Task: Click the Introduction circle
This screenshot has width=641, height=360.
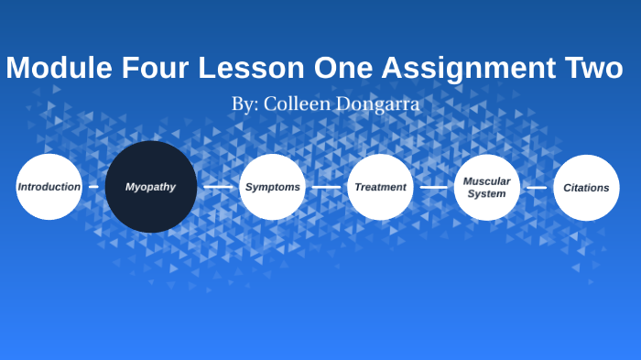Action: (49, 187)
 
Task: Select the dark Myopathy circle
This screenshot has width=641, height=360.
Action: (151, 187)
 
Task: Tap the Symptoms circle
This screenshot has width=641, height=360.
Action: (272, 187)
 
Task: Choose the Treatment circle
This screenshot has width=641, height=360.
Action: (380, 187)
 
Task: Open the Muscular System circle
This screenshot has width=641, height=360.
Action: (486, 187)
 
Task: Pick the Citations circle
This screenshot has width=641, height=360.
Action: (586, 188)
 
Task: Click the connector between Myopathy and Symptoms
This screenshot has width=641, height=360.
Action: (218, 187)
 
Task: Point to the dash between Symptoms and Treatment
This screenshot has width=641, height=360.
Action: (326, 187)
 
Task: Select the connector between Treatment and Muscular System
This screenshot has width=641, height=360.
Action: (433, 187)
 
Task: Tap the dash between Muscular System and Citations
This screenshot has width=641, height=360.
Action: (537, 187)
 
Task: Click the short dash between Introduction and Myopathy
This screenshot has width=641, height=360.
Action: (93, 187)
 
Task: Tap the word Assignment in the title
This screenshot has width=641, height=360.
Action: (470, 69)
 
